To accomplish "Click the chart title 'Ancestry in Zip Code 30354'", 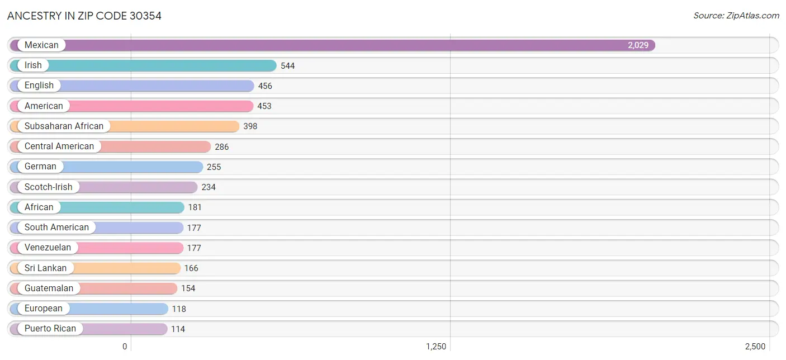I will [x=84, y=16].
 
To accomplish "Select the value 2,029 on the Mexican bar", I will [x=638, y=45].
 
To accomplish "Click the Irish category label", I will [x=33, y=65].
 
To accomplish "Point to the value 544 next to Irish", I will [x=288, y=66].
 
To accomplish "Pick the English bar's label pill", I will [x=39, y=86].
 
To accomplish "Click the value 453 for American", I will [x=264, y=106].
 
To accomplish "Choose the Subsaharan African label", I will [x=64, y=126].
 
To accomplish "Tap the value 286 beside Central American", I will [x=222, y=147].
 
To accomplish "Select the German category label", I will [x=40, y=167].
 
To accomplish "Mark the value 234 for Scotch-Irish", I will [x=209, y=187].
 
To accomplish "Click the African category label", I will [x=39, y=207].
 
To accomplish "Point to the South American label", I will [x=56, y=228].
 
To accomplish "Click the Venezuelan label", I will [x=48, y=248].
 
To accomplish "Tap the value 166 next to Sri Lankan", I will [x=191, y=268].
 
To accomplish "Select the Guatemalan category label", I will [x=49, y=288].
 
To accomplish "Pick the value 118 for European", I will [x=179, y=309].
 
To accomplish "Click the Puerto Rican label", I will [x=50, y=329].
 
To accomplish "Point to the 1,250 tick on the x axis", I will [x=436, y=347].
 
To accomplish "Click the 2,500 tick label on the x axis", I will [x=755, y=347].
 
